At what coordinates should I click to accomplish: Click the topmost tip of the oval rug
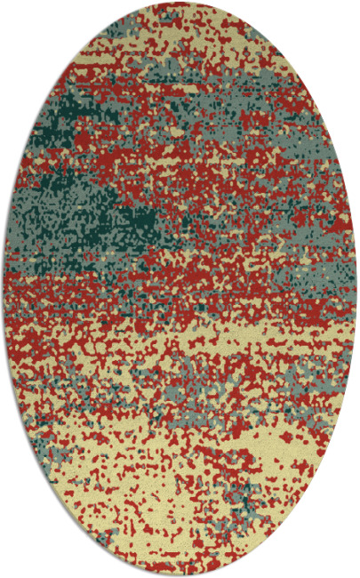(179, 4)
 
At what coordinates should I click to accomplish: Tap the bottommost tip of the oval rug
(179, 574)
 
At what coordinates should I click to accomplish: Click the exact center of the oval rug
(180, 289)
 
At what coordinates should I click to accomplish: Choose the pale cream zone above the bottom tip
(178, 542)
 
